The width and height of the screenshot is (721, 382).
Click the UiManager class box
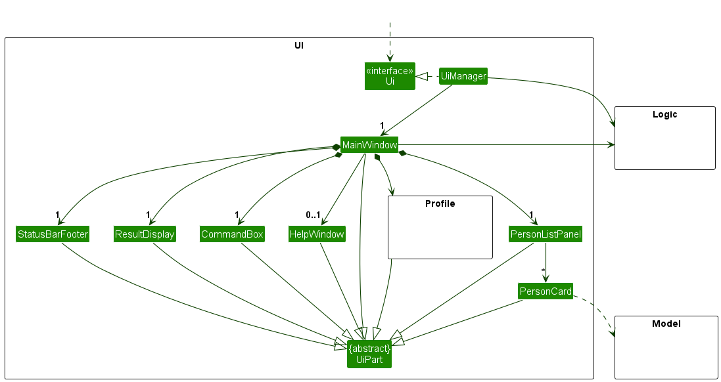coord(463,76)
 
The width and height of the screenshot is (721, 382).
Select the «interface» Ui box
coord(390,76)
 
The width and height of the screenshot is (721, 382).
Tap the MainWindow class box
coord(369,144)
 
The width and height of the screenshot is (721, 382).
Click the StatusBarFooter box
coord(53,234)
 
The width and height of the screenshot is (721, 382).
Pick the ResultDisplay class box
coord(145,234)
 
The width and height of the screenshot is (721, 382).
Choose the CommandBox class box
coord(232,234)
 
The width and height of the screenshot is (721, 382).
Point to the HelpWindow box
coord(317,234)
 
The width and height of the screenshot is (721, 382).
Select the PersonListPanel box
coord(546,234)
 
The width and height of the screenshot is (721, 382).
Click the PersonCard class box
coord(546,291)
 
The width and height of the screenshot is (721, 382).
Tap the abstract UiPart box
coord(369,354)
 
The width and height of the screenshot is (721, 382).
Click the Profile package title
coord(440,203)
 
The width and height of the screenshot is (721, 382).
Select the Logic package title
coord(664,114)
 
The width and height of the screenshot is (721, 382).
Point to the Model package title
coord(666,324)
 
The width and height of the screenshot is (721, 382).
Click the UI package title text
coord(299,45)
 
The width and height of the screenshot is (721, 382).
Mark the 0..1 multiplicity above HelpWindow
coord(313,215)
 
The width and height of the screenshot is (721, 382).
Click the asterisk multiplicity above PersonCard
coord(543,270)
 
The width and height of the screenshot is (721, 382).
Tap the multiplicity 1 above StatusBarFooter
coord(58,215)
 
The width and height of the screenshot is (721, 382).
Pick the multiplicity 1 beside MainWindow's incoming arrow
coord(381,125)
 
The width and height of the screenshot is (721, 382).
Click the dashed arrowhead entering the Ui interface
coord(390,58)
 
